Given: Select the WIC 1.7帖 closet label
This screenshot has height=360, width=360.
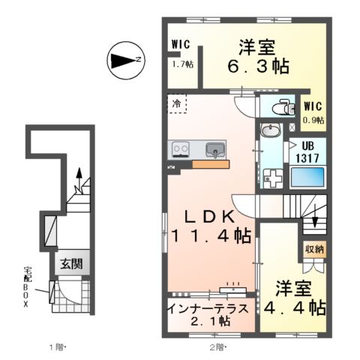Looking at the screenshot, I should pos(180,53).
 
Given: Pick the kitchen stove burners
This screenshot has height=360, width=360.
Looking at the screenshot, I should pos(181,148).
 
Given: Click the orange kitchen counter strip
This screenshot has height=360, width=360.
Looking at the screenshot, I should pos(211,164).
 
